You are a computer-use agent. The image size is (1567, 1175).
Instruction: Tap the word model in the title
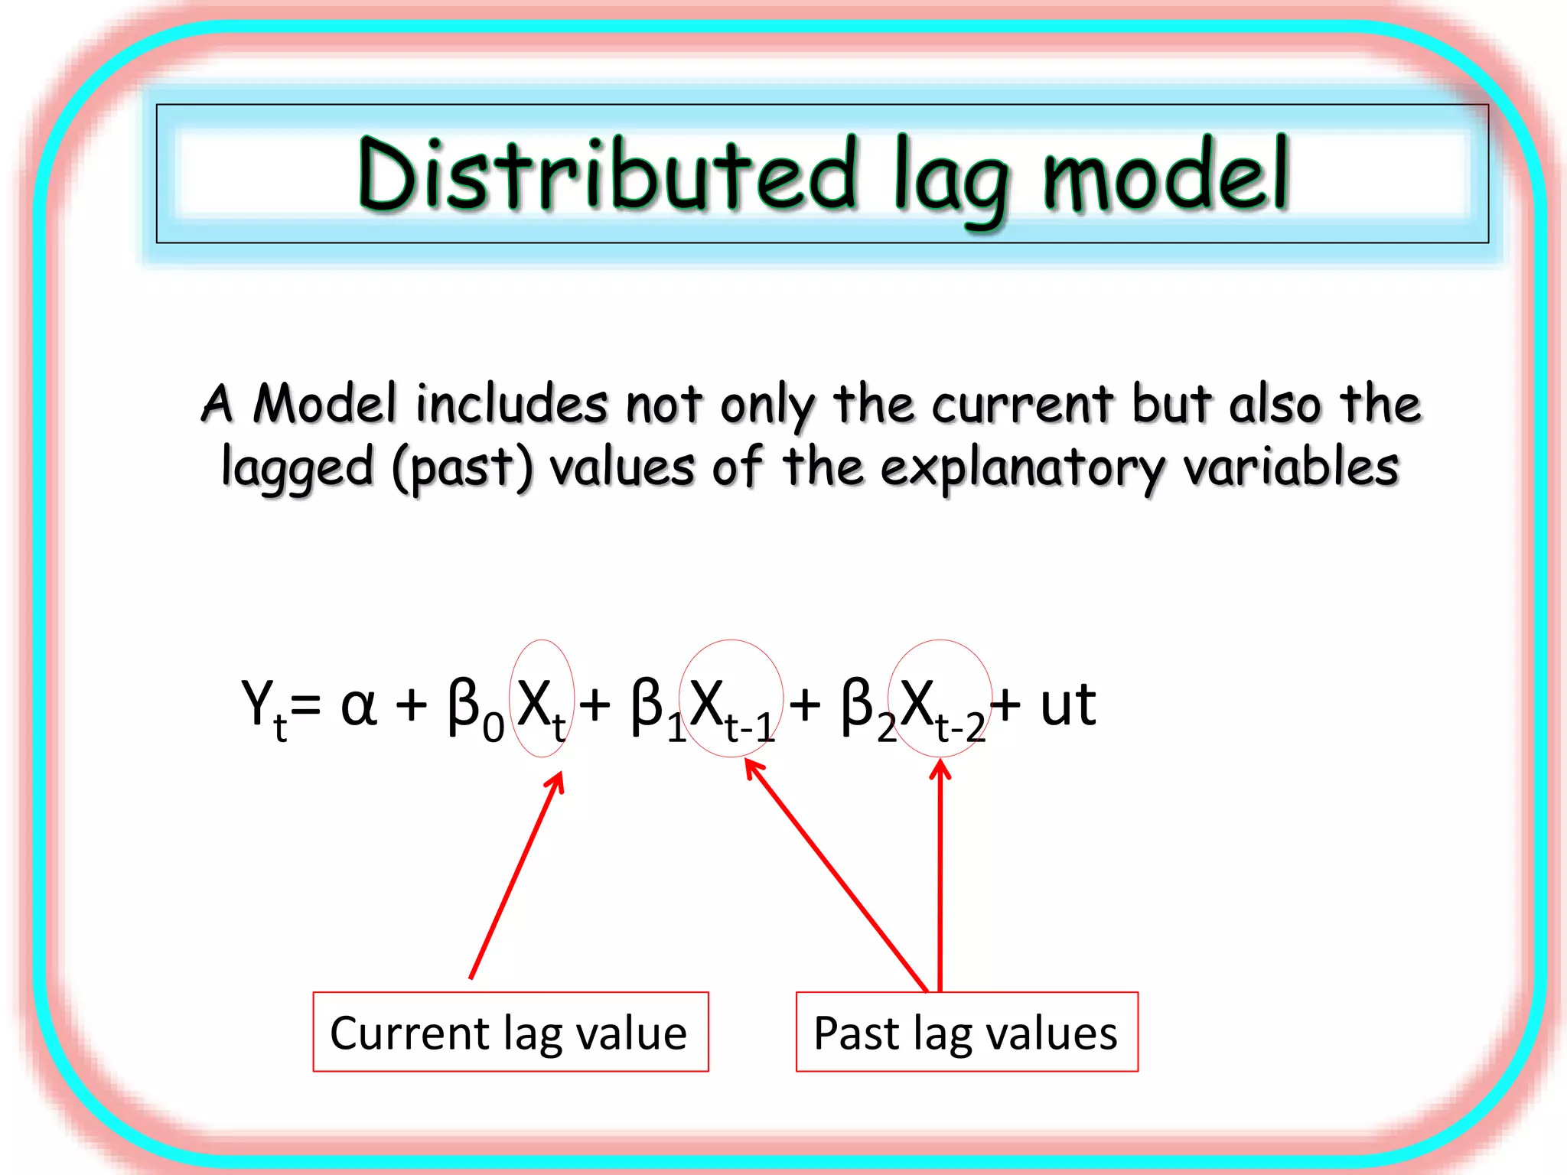[x=1166, y=174]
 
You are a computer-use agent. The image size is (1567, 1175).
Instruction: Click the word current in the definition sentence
[x=1021, y=403]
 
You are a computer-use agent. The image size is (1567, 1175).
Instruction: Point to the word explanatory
[x=1021, y=467]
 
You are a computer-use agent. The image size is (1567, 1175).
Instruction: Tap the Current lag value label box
[x=510, y=1032]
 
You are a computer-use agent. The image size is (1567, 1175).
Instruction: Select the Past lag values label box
[x=966, y=1032]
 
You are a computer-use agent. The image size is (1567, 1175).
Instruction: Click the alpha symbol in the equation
[x=358, y=705]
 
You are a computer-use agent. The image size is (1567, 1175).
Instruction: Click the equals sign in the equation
[x=306, y=706]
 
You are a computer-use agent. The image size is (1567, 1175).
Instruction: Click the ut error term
[x=1068, y=705]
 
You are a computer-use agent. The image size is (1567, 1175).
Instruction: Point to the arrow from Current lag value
[x=516, y=876]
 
